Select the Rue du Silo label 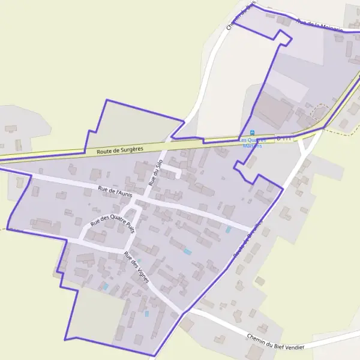tap(156, 172)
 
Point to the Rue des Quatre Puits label tap(112, 223)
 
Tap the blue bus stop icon tap(252, 133)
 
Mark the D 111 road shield tap(284, 138)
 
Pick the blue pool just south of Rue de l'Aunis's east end tap(227, 230)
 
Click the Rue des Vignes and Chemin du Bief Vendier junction tap(182, 313)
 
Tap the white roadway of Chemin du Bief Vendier tap(228, 327)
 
